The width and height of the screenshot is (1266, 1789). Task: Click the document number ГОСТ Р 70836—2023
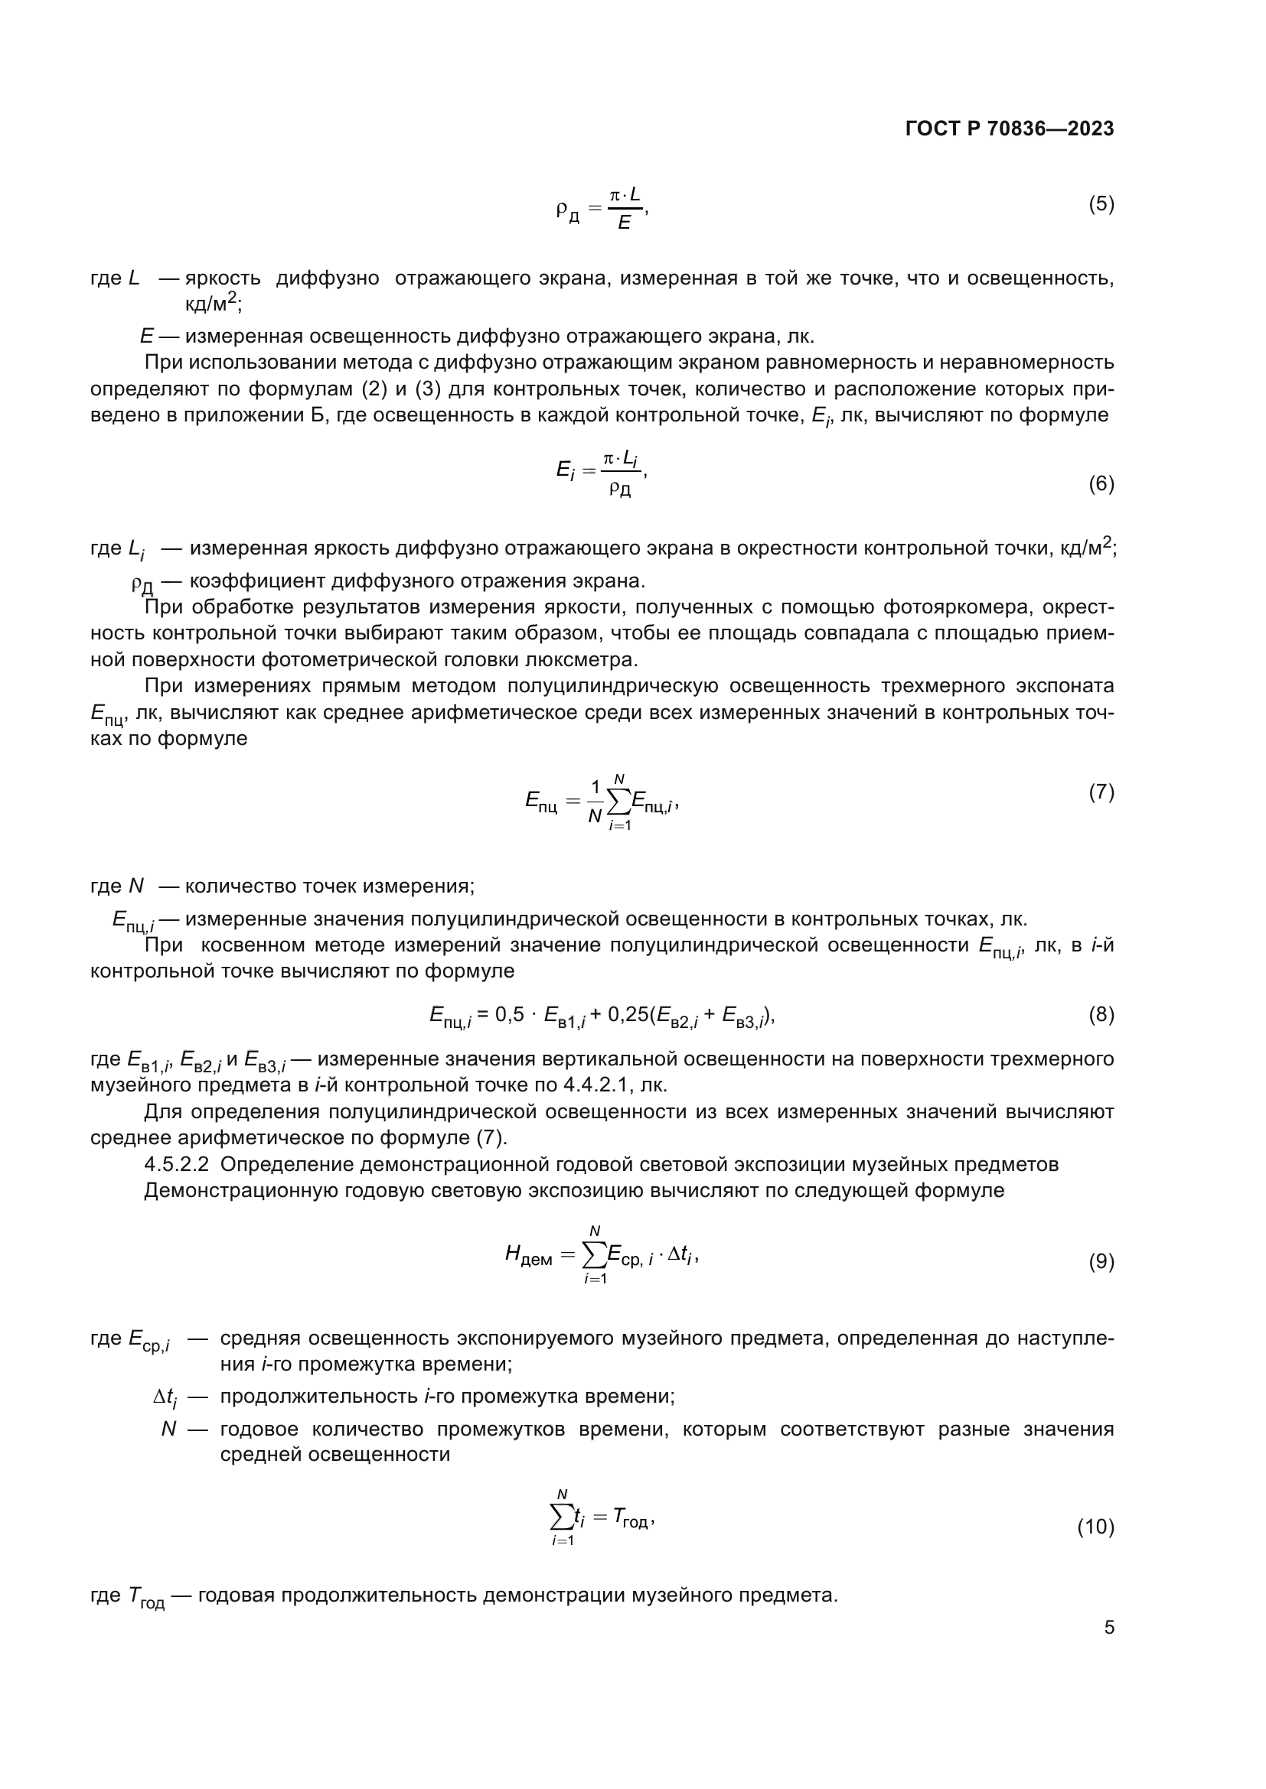pos(1010,129)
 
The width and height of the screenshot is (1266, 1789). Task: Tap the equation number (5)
pos(1101,204)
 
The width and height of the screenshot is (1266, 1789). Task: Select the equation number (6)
pos(1101,484)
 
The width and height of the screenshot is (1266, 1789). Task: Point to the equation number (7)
pos(1101,792)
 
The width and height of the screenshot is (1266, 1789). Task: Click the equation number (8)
pos(1101,1014)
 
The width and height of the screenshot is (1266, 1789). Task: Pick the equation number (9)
pos(1101,1261)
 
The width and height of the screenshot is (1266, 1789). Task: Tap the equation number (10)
pos(1095,1527)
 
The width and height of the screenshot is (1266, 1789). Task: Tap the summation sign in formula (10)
pos(561,1517)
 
